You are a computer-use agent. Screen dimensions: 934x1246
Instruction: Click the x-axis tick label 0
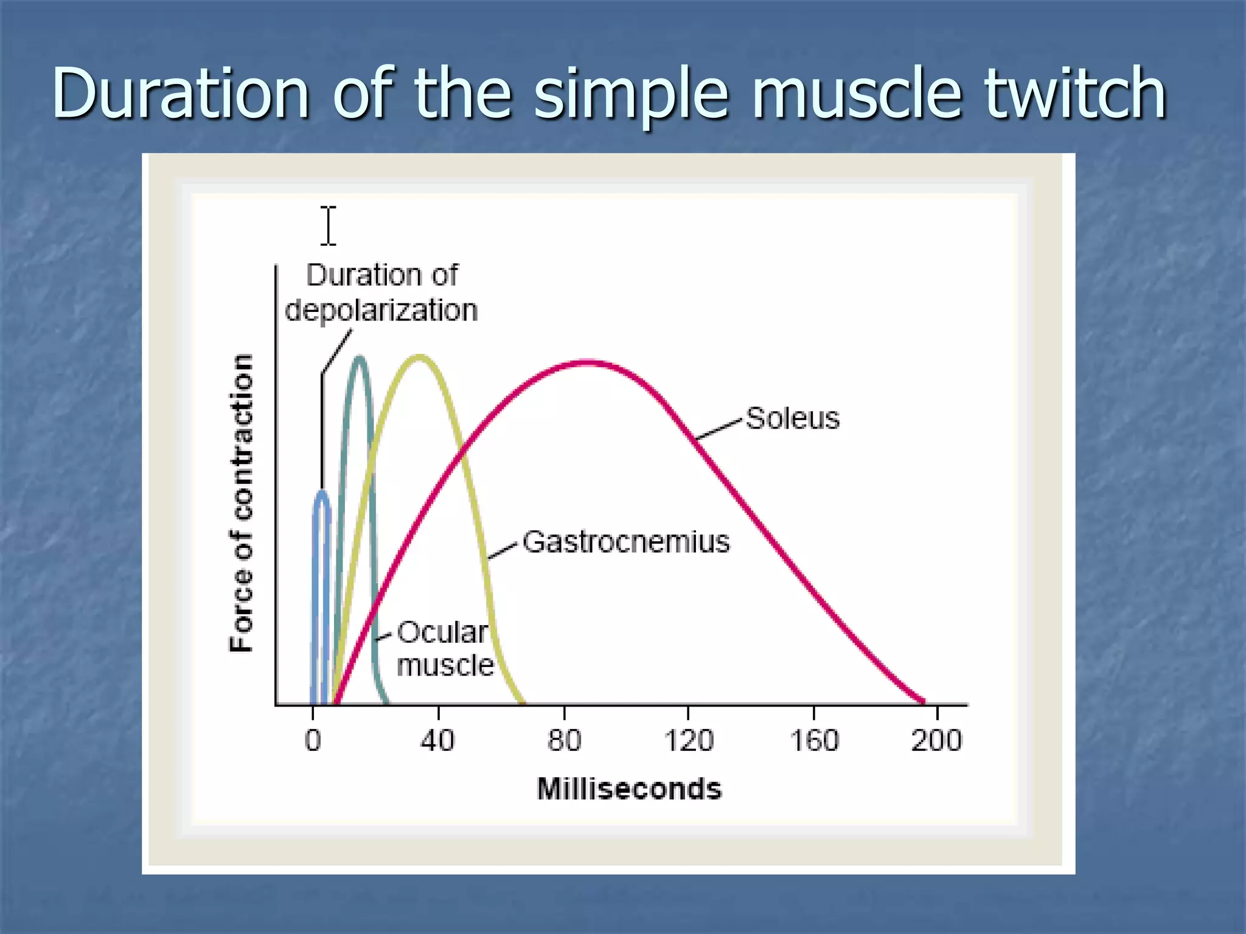click(313, 741)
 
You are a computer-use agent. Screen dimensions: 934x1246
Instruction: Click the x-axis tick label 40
click(437, 741)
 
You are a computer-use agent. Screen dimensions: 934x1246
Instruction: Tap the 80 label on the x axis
click(564, 741)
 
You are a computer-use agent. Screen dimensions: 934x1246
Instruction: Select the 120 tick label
click(688, 741)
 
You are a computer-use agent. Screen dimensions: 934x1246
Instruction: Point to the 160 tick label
click(814, 741)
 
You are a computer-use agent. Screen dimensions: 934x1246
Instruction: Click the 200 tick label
click(936, 741)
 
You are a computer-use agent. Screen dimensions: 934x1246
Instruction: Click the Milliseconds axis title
click(629, 789)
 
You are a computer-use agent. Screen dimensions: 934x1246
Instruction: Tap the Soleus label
click(792, 418)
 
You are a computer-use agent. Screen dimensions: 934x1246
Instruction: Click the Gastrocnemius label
click(626, 542)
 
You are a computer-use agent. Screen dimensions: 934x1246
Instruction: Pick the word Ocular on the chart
click(442, 632)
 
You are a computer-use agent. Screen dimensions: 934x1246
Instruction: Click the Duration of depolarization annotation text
click(381, 292)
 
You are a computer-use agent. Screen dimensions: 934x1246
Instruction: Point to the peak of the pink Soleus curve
click(585, 363)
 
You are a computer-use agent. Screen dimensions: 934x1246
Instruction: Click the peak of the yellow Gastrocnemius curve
click(420, 357)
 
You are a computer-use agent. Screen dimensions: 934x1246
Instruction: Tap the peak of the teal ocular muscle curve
click(360, 358)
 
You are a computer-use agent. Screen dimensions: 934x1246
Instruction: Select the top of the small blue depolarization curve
click(322, 493)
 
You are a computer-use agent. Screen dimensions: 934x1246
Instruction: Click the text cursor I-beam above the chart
click(329, 226)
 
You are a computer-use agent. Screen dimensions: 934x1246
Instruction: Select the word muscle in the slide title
click(857, 94)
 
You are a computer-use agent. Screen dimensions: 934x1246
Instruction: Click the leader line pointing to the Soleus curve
click(719, 429)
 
